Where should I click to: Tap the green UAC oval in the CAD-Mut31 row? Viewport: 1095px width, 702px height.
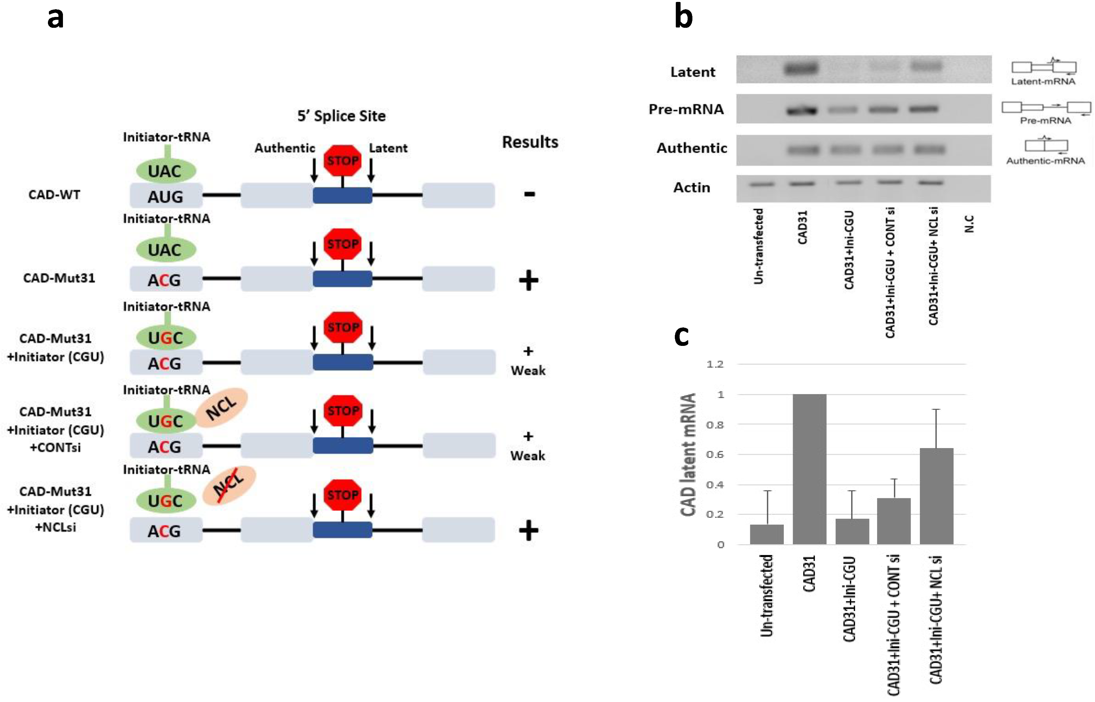pyautogui.click(x=166, y=250)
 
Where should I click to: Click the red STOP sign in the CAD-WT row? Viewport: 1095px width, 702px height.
pyautogui.click(x=343, y=160)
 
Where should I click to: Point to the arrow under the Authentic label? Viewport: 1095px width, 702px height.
pyautogui.click(x=314, y=171)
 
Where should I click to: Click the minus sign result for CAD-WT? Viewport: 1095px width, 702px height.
pyautogui.click(x=529, y=194)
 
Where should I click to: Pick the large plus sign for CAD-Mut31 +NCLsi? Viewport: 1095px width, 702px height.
pyautogui.click(x=528, y=530)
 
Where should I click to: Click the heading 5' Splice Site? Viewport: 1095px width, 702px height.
pyautogui.click(x=341, y=116)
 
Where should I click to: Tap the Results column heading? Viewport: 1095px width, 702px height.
pyautogui.click(x=530, y=142)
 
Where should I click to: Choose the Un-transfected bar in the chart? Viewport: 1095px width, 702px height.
pyautogui.click(x=767, y=534)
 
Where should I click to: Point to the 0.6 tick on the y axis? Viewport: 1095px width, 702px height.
pyautogui.click(x=715, y=454)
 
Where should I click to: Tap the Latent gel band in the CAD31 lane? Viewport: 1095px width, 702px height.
pyautogui.click(x=801, y=69)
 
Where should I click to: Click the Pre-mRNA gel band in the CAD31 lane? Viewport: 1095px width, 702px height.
pyautogui.click(x=801, y=110)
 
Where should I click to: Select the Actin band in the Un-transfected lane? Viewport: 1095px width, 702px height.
pyautogui.click(x=762, y=184)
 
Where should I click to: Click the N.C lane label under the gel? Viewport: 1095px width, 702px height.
pyautogui.click(x=969, y=224)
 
